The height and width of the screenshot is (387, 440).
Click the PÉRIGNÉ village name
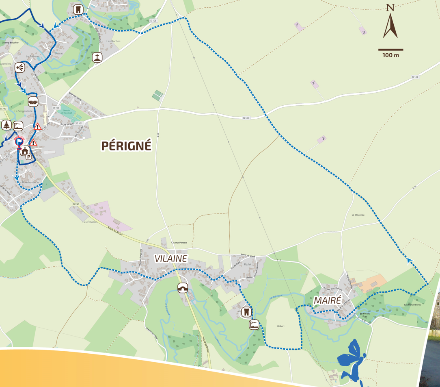[x=126, y=146]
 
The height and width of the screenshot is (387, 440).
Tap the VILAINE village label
[x=170, y=259]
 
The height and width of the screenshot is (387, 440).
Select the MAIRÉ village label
[x=327, y=300]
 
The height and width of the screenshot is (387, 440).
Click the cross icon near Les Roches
[x=97, y=57]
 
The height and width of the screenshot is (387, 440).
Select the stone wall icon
[x=33, y=101]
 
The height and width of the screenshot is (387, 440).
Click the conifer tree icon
[x=6, y=125]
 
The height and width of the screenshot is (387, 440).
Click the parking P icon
[x=28, y=156]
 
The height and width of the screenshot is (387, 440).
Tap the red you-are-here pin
[x=19, y=142]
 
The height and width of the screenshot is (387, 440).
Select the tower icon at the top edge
[x=78, y=9]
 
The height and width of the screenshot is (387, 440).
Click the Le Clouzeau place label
[x=358, y=215]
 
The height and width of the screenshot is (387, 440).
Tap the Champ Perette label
[x=179, y=242]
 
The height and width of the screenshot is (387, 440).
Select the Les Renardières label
[x=412, y=304]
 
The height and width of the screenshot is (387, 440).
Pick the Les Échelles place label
[x=90, y=222]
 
